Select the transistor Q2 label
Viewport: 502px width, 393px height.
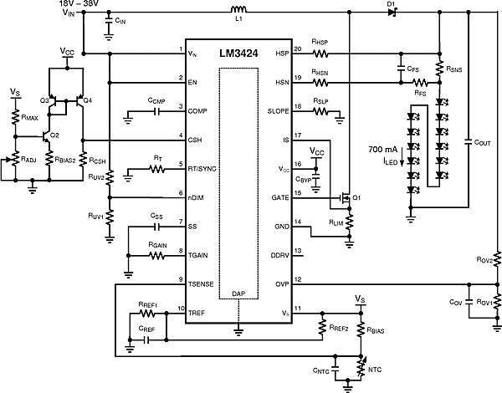[54, 135]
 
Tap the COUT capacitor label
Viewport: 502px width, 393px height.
[481, 166]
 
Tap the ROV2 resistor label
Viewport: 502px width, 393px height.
[481, 261]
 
